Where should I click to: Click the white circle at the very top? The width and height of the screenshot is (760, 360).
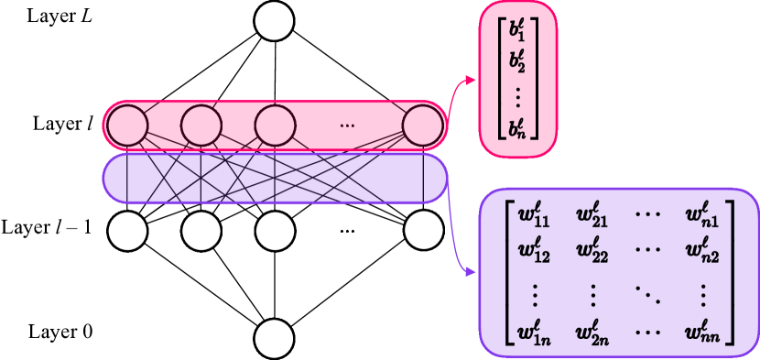(x=274, y=21)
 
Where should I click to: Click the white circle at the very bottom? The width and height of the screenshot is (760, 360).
(x=274, y=338)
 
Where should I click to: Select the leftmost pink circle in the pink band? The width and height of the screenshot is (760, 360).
(x=127, y=125)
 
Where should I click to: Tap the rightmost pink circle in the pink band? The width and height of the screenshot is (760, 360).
(x=422, y=125)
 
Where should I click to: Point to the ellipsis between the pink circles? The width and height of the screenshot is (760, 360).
(x=347, y=125)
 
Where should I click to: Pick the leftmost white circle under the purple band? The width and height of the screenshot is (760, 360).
(x=127, y=231)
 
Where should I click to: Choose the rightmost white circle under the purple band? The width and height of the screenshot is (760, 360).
(x=423, y=231)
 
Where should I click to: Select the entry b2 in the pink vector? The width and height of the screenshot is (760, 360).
(x=518, y=62)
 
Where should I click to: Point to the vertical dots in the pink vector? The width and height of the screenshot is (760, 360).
(x=518, y=94)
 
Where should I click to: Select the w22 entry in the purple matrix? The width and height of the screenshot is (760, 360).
(x=593, y=248)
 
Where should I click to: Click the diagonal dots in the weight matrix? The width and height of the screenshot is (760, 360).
(x=646, y=292)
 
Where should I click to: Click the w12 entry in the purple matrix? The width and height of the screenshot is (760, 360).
(x=533, y=248)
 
